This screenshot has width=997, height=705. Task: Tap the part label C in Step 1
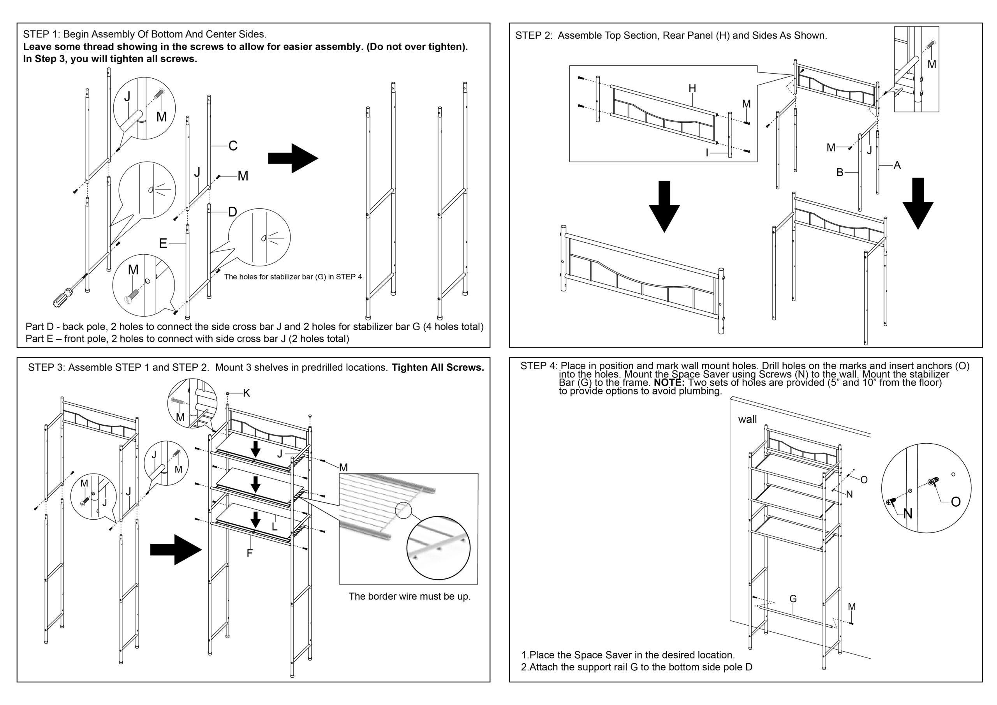[x=233, y=146]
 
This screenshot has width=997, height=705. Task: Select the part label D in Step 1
[x=233, y=212]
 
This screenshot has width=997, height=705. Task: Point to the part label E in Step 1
[x=163, y=244]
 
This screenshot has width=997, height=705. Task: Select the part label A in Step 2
[x=897, y=166]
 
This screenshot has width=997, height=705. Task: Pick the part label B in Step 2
[x=840, y=173]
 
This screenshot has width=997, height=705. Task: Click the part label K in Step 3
[x=247, y=393]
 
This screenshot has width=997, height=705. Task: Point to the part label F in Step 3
[x=250, y=553]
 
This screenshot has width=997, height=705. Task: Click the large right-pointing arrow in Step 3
[x=176, y=550]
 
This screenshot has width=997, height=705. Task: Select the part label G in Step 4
[x=793, y=599]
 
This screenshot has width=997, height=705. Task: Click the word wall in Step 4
[x=747, y=419]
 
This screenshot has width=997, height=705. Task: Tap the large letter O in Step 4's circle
[x=956, y=502]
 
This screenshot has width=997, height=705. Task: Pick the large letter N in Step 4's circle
[x=907, y=514]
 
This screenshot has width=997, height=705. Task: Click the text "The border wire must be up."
[x=409, y=596]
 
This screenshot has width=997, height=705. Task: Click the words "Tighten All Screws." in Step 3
[x=438, y=367]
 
